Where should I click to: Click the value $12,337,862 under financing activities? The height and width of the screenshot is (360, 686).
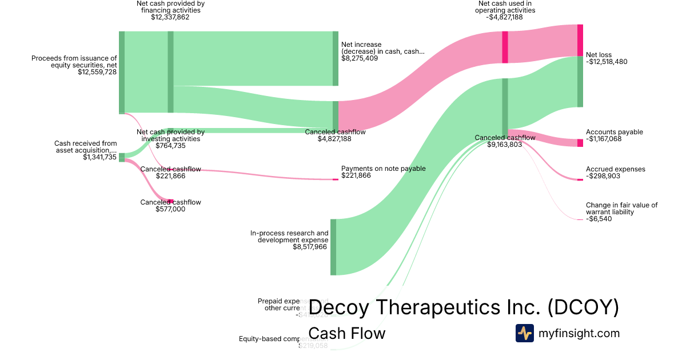click(170, 17)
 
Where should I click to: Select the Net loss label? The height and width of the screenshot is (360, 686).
click(599, 55)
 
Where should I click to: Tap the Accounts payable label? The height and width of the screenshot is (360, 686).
click(614, 132)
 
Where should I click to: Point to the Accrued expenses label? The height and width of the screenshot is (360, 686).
click(615, 169)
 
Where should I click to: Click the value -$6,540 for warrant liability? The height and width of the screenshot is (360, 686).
click(599, 219)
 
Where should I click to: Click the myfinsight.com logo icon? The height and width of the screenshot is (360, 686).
click(524, 333)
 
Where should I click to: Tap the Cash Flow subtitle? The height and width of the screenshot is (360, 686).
click(346, 333)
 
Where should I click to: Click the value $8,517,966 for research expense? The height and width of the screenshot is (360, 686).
click(310, 247)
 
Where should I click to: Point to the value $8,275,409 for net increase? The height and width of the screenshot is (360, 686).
click(360, 58)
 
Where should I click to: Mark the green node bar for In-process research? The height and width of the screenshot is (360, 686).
click(333, 247)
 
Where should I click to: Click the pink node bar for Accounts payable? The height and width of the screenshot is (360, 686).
click(580, 143)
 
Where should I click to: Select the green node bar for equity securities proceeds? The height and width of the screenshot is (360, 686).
click(122, 73)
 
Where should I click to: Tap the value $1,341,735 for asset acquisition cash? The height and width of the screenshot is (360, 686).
click(99, 157)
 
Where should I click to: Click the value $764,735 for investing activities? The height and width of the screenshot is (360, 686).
click(170, 146)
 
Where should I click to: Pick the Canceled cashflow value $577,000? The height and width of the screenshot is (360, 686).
click(170, 209)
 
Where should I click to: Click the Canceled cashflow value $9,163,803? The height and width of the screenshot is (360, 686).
click(505, 145)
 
